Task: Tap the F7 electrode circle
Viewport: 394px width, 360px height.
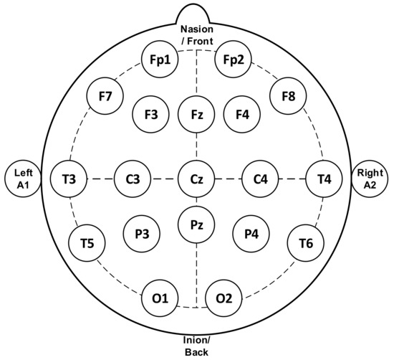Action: (x=105, y=95)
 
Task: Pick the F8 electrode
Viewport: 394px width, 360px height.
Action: (x=288, y=95)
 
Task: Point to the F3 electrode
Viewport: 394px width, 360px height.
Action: (x=150, y=114)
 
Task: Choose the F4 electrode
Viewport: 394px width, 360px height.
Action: (x=241, y=114)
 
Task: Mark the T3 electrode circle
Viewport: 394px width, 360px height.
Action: (x=69, y=179)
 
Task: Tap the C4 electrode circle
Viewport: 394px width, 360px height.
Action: (x=260, y=179)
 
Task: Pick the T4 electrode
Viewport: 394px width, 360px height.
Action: (x=324, y=179)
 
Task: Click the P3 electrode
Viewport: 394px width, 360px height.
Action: (x=141, y=233)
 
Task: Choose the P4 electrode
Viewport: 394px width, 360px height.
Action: (x=251, y=233)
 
